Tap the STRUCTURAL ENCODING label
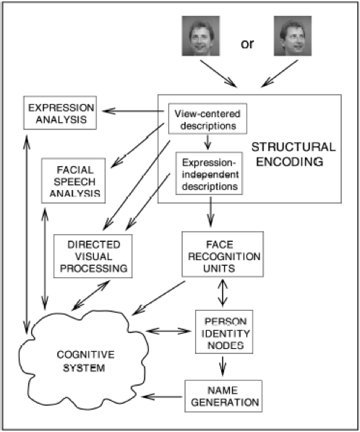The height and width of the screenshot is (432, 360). point(293,155)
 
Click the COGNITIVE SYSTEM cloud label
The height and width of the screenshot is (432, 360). point(85,361)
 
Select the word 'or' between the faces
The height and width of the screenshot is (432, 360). point(247,44)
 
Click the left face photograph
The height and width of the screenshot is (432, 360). point(201,36)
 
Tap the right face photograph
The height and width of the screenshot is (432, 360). point(293,36)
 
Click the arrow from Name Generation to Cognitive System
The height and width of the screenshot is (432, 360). point(162,397)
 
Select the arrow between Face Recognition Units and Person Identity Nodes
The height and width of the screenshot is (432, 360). point(223,293)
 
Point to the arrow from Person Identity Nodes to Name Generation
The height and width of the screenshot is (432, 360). point(223,366)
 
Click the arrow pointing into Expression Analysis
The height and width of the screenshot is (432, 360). point(133,111)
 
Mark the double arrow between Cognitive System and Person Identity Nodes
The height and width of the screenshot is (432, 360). point(168,331)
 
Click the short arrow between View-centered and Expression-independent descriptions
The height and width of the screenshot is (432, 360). point(208,142)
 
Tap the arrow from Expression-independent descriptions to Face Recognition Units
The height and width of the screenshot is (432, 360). point(211,212)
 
